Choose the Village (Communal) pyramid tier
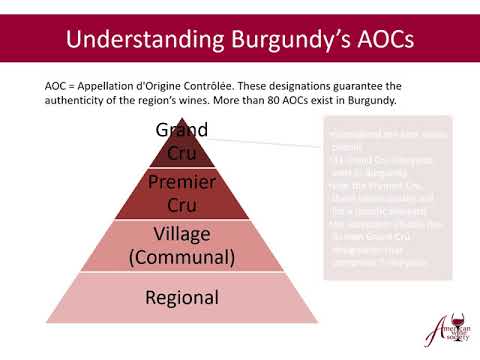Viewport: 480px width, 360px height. tap(182, 245)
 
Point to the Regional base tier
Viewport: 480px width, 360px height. tap(182, 298)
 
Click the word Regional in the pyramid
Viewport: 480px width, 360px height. tap(182, 298)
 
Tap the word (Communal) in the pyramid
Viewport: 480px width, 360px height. tap(182, 257)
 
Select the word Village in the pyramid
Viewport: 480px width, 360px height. tap(182, 234)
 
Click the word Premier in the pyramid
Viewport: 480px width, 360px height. tap(182, 182)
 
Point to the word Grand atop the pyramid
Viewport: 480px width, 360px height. tap(182, 130)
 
